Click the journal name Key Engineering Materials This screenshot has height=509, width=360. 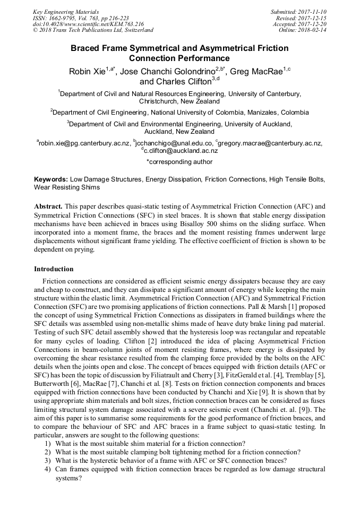click(66, 11)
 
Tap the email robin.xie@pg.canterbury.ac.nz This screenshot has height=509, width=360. click(84, 143)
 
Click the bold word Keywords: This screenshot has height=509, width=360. click(51, 180)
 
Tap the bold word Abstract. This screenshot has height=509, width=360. click(48, 205)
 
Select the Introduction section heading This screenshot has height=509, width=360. click(54, 269)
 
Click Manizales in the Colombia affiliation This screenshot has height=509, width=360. click(263, 113)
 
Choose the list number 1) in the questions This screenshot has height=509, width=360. click(48, 444)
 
